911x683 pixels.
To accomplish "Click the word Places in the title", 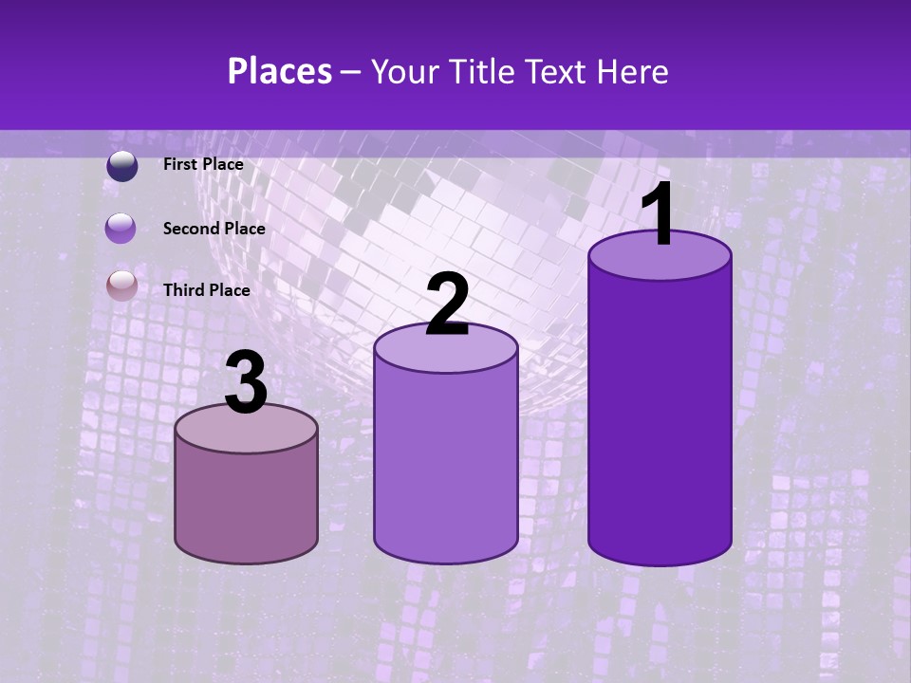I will click(280, 71).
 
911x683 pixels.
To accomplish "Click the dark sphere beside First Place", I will click(121, 166).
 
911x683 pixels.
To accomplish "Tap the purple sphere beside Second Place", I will click(121, 229).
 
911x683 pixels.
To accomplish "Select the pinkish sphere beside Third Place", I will click(121, 286).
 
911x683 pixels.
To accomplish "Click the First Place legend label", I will click(203, 164).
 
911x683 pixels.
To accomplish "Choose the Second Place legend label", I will click(214, 228).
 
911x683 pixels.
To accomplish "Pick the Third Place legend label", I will click(206, 290).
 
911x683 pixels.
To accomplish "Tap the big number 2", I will click(448, 305).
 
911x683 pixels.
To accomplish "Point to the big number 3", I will click(246, 383).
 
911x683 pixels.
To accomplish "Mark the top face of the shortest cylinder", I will click(246, 430).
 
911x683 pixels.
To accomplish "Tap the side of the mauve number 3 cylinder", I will click(246, 503).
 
